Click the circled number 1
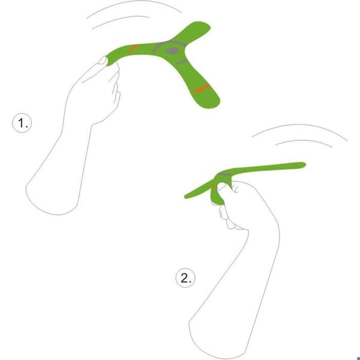click(22, 123)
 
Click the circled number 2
click(185, 278)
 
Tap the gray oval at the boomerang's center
click(172, 51)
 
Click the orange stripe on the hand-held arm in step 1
click(133, 48)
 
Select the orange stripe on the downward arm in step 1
click(202, 88)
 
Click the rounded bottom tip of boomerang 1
click(214, 104)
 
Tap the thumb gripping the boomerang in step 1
click(103, 61)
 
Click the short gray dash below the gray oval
click(182, 62)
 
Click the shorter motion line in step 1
click(121, 20)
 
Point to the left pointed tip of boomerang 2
click(186, 197)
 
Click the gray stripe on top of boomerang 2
click(225, 175)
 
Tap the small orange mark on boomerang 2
click(214, 186)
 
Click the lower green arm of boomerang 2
click(216, 197)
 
